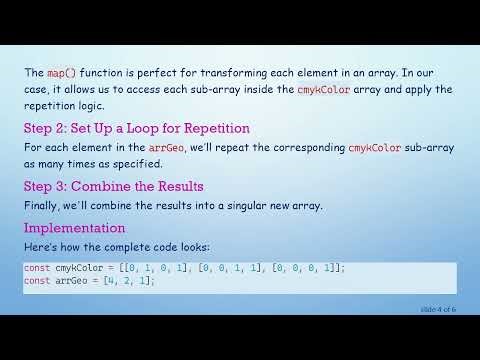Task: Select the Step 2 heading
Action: (x=136, y=129)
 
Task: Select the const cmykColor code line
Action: (x=185, y=268)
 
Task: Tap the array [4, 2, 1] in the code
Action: (x=129, y=281)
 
